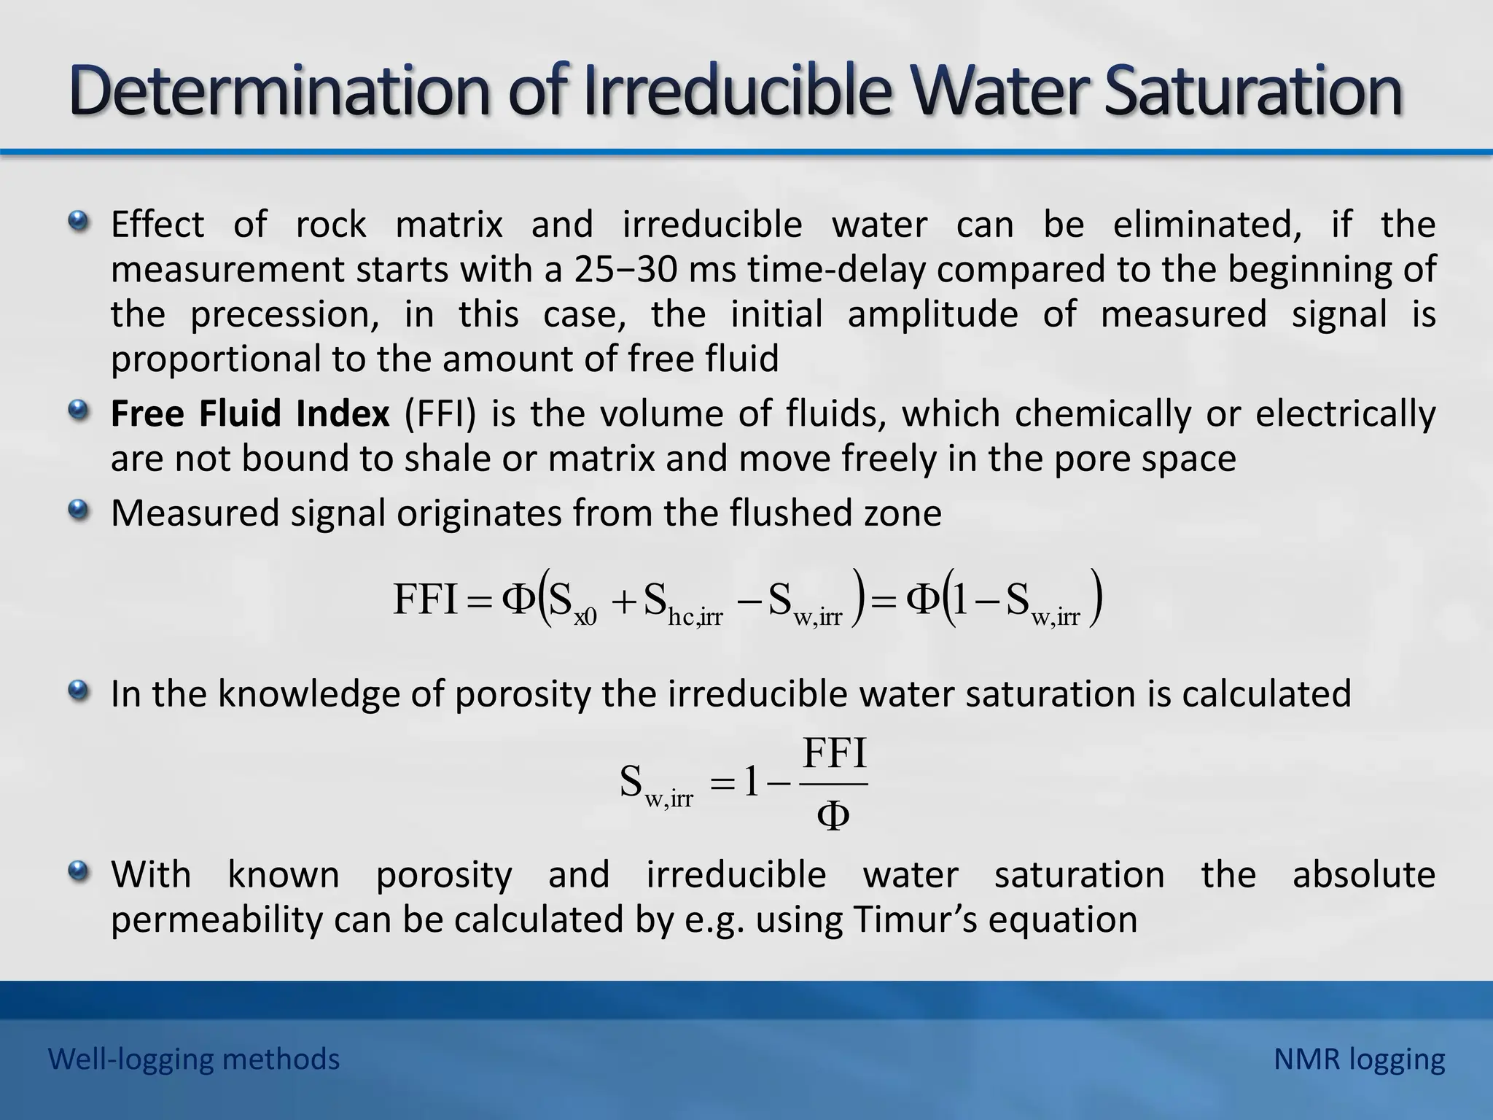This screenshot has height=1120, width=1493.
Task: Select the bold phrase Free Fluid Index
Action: point(250,413)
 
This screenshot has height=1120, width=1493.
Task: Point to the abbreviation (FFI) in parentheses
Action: point(440,413)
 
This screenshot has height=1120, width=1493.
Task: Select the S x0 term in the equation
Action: point(572,602)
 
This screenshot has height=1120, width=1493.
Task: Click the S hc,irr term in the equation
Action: point(682,604)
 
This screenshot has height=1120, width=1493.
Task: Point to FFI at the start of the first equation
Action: point(425,599)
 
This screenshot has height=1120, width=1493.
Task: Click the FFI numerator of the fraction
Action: point(834,754)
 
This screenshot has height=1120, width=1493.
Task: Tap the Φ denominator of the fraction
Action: point(833,816)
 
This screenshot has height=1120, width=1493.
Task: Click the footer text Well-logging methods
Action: point(194,1059)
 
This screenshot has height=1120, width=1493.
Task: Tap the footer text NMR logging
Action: point(1359,1059)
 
